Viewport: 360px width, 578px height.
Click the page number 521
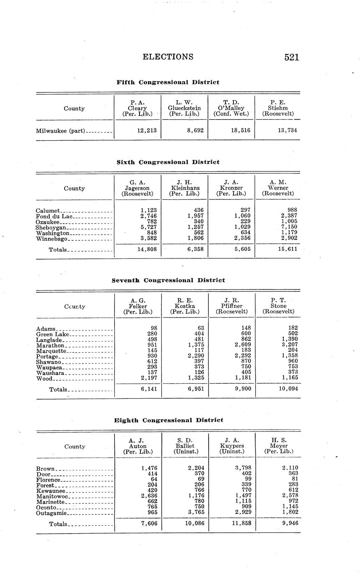(x=291, y=57)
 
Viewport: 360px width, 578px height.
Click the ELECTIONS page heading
(x=168, y=57)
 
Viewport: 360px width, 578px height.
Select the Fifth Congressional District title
(x=168, y=82)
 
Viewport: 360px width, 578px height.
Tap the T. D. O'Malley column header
(x=231, y=108)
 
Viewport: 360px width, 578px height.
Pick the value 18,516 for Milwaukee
(x=241, y=130)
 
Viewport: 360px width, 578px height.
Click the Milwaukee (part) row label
(x=61, y=131)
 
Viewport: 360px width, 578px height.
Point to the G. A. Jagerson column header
(x=137, y=188)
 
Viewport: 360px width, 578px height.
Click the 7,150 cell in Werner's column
(x=289, y=227)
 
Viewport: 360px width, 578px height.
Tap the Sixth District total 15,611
(x=287, y=249)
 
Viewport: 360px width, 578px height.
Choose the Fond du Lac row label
(x=54, y=216)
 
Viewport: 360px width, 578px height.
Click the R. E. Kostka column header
(x=185, y=306)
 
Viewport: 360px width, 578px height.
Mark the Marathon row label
(x=50, y=346)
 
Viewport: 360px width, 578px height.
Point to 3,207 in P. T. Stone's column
(x=290, y=345)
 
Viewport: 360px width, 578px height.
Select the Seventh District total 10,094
(x=287, y=389)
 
